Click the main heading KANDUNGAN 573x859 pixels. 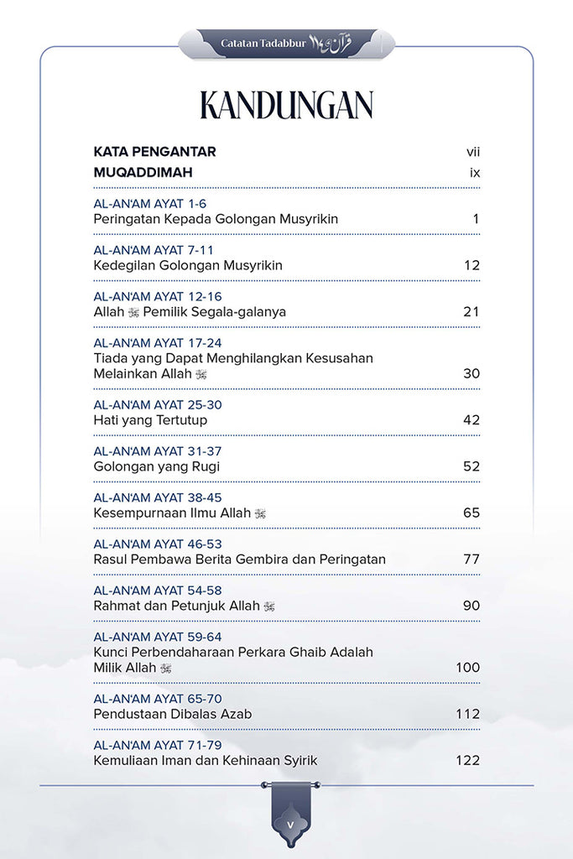coord(286,106)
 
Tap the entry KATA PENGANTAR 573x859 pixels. coord(154,152)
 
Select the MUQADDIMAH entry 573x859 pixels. coord(143,173)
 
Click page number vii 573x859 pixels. coord(472,152)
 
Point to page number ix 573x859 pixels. coord(474,173)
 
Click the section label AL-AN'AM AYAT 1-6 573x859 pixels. coord(150,204)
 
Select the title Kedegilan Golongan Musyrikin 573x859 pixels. coord(188,265)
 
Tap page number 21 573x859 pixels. coord(471,311)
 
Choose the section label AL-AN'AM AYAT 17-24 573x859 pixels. coord(158,343)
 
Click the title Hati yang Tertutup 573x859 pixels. coord(150,419)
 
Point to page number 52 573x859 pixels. coord(471,466)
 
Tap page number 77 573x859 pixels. coord(471,559)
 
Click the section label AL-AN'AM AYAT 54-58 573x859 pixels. coord(158,591)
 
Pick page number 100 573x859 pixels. coord(467,667)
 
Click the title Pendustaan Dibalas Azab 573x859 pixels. coord(173,714)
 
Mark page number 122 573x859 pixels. coord(467,760)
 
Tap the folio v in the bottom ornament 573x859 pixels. coord(289,825)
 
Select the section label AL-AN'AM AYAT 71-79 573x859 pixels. coord(158,745)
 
